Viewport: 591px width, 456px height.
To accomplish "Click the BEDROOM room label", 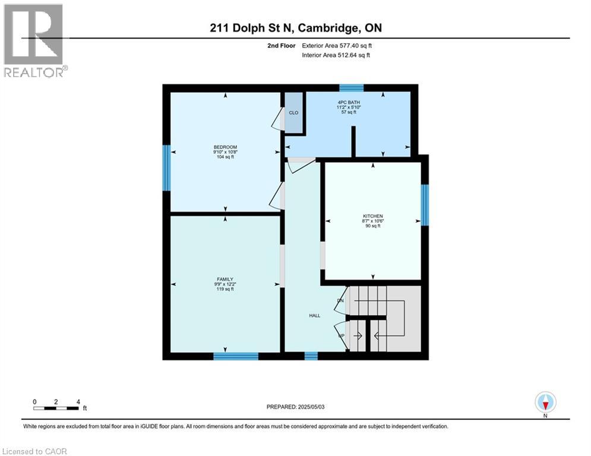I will (225, 147).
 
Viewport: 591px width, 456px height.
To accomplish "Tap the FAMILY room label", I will (225, 279).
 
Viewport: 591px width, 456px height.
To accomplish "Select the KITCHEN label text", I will (373, 216).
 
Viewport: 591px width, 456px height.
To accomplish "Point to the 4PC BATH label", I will (349, 102).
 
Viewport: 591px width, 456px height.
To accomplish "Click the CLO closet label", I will (293, 112).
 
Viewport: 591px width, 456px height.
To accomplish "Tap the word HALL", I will (314, 315).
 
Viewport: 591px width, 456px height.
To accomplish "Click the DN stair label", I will (340, 301).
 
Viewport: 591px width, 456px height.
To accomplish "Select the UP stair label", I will (340, 335).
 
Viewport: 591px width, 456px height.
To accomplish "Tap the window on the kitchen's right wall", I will (425, 205).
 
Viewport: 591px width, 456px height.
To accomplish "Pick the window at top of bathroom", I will (351, 88).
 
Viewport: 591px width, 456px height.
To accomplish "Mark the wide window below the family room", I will (236, 356).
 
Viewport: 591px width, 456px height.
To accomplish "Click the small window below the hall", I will (311, 356).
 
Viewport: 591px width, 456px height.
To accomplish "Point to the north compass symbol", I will (545, 403).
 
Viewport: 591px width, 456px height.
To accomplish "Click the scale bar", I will (56, 407).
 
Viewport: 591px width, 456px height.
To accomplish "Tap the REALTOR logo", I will (33, 40).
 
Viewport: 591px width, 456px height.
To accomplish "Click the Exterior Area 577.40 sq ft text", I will (337, 45).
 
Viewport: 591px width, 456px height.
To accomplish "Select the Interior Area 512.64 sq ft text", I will (336, 55).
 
